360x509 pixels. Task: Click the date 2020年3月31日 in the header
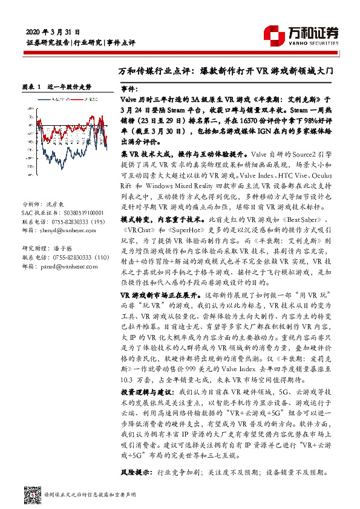pyautogui.click(x=54, y=31)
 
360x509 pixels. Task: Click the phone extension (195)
pyautogui.click(x=95, y=222)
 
